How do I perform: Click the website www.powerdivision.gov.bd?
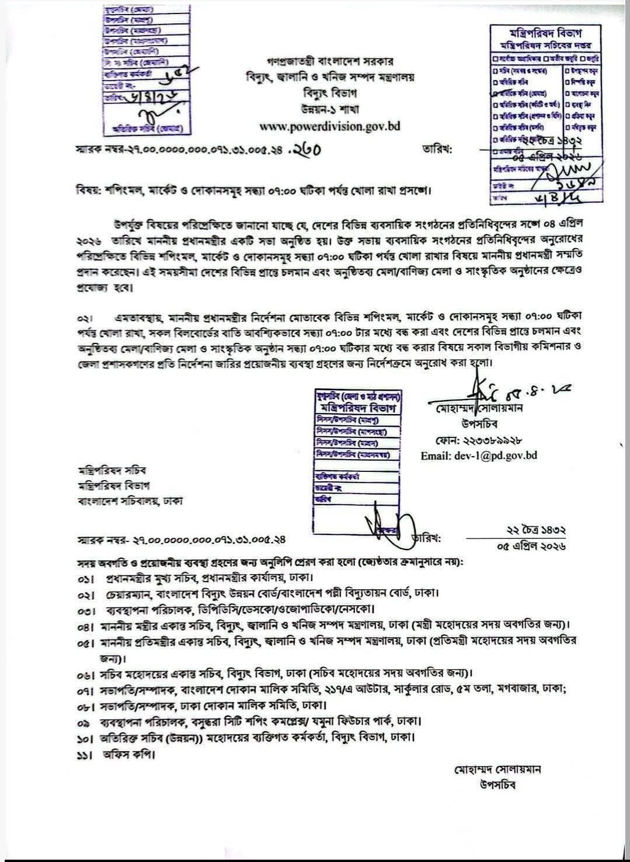[x=330, y=126]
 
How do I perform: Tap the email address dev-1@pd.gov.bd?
[x=479, y=455]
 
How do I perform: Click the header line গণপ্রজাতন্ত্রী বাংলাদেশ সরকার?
[x=330, y=60]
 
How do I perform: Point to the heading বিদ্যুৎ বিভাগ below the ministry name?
[x=330, y=93]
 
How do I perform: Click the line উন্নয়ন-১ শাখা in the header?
[x=330, y=109]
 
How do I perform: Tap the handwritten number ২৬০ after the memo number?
[x=307, y=151]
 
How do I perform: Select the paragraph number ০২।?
[x=86, y=317]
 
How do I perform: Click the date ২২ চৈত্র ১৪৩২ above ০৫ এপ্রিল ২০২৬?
[x=530, y=531]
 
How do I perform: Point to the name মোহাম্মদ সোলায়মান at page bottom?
[x=498, y=769]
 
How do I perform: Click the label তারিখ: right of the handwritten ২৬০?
[x=437, y=150]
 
